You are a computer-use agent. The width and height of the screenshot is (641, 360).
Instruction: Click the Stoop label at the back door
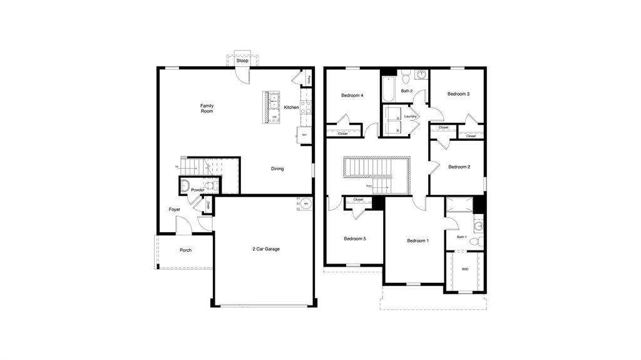pyautogui.click(x=242, y=61)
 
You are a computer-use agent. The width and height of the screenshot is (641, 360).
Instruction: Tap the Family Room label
pyautogui.click(x=207, y=108)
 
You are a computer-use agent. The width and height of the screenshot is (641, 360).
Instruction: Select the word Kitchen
pyautogui.click(x=291, y=108)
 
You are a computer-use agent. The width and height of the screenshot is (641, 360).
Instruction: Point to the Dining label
pyautogui.click(x=277, y=168)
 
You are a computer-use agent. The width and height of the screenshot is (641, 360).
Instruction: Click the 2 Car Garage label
pyautogui.click(x=266, y=249)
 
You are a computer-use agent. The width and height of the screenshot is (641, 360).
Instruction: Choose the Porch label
pyautogui.click(x=185, y=250)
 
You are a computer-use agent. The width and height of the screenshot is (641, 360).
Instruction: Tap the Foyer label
pyautogui.click(x=174, y=210)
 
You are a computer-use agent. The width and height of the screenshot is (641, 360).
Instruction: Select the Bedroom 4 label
pyautogui.click(x=352, y=96)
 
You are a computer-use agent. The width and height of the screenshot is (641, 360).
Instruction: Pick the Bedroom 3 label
pyautogui.click(x=458, y=94)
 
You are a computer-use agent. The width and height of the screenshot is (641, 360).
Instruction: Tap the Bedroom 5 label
pyautogui.click(x=355, y=239)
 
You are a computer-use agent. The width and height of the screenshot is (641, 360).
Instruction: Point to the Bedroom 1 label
pyautogui.click(x=418, y=241)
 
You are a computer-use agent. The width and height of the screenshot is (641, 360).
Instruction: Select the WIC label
pyautogui.click(x=465, y=269)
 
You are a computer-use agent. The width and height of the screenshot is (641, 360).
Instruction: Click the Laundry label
pyautogui.click(x=411, y=116)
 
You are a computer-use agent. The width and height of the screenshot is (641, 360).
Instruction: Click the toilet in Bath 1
pyautogui.click(x=474, y=241)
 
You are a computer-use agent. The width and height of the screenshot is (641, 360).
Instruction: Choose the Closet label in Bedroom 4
pyautogui.click(x=343, y=133)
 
